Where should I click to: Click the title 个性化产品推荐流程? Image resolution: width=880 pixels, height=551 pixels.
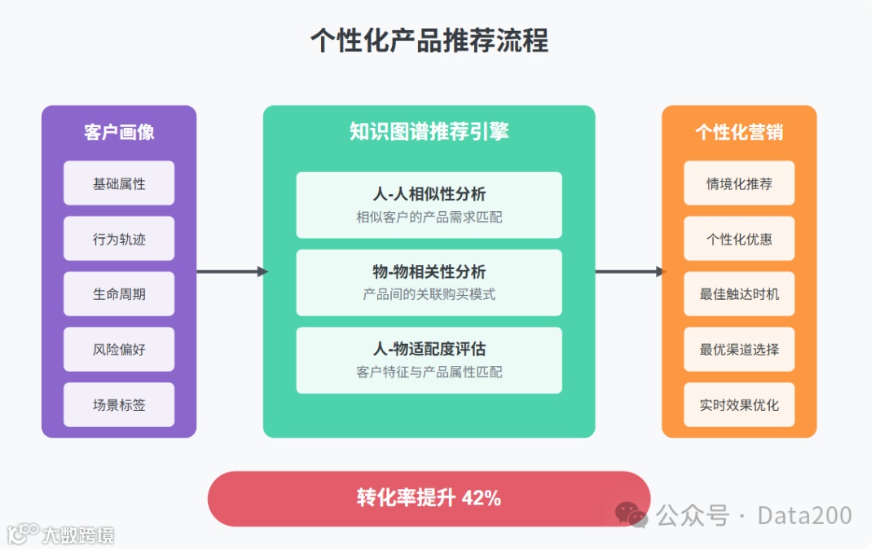tap(429, 40)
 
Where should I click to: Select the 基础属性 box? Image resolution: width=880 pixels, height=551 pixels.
tap(119, 183)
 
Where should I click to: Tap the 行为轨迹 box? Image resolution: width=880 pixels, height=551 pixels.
tap(119, 239)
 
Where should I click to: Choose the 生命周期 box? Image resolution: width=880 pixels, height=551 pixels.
tap(119, 294)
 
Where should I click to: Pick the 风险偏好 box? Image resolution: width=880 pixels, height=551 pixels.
tap(119, 350)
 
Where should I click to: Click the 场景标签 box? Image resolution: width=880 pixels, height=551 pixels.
tap(119, 405)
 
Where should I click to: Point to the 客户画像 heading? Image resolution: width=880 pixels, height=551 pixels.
tap(119, 132)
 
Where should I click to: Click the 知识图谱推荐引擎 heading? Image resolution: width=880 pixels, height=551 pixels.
tap(429, 132)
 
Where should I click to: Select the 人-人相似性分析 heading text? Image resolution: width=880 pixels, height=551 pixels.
tap(429, 194)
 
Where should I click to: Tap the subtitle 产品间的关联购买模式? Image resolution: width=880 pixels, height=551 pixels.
tap(429, 294)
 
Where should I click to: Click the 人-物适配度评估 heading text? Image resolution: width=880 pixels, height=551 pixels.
tap(429, 349)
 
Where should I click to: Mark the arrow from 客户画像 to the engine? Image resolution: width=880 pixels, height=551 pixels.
tap(231, 271)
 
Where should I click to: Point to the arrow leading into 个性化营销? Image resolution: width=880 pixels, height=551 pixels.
tap(630, 271)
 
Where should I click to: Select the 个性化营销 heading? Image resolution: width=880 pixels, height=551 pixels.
tap(739, 132)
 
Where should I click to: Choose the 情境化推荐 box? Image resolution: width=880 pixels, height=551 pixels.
tap(739, 183)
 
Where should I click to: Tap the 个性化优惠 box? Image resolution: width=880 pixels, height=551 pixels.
tap(739, 239)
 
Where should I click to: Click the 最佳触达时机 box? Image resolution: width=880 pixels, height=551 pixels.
tap(739, 294)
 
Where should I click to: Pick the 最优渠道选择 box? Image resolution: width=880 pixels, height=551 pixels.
tap(739, 350)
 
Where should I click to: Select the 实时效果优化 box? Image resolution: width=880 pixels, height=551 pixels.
tap(739, 405)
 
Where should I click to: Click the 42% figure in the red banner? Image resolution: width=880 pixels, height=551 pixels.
tap(482, 498)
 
